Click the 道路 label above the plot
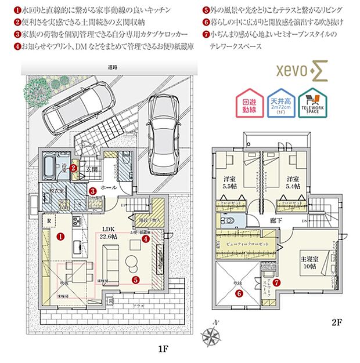pyautogui.click(x=112, y=68)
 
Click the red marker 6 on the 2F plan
pyautogui.click(x=239, y=293)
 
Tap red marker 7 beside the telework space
pyautogui.click(x=277, y=283)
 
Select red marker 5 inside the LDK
pyautogui.click(x=135, y=279)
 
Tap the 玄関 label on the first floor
pyautogui.click(x=92, y=170)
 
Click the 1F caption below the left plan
pyautogui.click(x=163, y=350)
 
